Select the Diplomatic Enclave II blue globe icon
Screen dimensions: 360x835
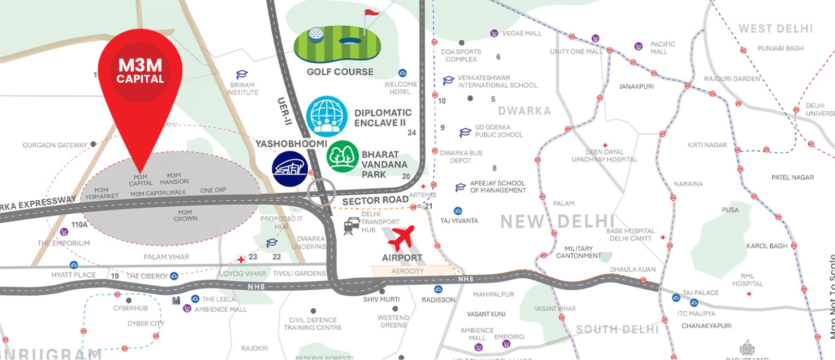326,116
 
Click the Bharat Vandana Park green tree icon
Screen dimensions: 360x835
342,157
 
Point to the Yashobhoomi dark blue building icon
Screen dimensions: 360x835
290,169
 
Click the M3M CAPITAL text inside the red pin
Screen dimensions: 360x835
140,71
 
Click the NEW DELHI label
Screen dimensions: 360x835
557,221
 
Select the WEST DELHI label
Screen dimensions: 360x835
776,29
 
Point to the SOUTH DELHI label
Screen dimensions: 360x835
617,329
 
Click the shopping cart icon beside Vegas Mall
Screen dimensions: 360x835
493,33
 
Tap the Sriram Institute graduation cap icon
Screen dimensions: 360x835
242,75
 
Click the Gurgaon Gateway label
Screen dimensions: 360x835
55,145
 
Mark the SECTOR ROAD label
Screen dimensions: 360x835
375,201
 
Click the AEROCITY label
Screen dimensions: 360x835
408,271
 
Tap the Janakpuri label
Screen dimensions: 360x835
636,86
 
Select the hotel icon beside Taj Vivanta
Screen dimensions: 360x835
457,211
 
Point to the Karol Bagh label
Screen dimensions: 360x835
767,246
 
